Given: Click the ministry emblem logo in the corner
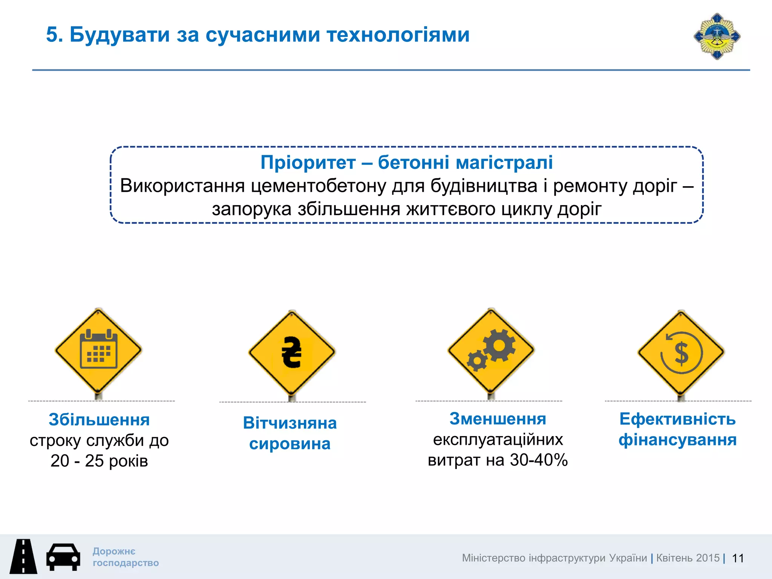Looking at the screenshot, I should click(717, 37).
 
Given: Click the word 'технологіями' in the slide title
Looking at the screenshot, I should click(398, 35).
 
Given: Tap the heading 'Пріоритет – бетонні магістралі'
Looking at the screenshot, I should click(407, 162).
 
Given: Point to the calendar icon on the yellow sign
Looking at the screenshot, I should click(99, 349).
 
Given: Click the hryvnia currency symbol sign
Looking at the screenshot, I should click(292, 352).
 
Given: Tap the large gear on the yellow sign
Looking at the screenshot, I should click(499, 345).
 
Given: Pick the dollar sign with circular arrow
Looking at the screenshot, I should click(681, 353).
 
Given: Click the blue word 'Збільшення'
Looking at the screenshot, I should click(99, 420).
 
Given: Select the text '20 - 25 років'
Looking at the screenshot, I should click(99, 461).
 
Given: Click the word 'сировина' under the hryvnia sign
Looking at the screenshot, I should click(290, 444).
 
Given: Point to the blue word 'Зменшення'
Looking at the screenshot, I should click(498, 419).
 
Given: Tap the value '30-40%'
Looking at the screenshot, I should click(539, 460).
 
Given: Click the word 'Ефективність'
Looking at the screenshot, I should click(677, 419).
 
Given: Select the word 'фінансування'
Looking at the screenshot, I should click(677, 440).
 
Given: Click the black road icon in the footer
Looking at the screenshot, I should click(23, 556).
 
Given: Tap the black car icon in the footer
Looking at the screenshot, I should click(63, 557).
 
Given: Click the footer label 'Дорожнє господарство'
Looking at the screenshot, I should click(126, 557).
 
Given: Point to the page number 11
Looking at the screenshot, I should click(738, 558).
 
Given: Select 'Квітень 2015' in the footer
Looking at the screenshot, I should click(688, 558).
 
